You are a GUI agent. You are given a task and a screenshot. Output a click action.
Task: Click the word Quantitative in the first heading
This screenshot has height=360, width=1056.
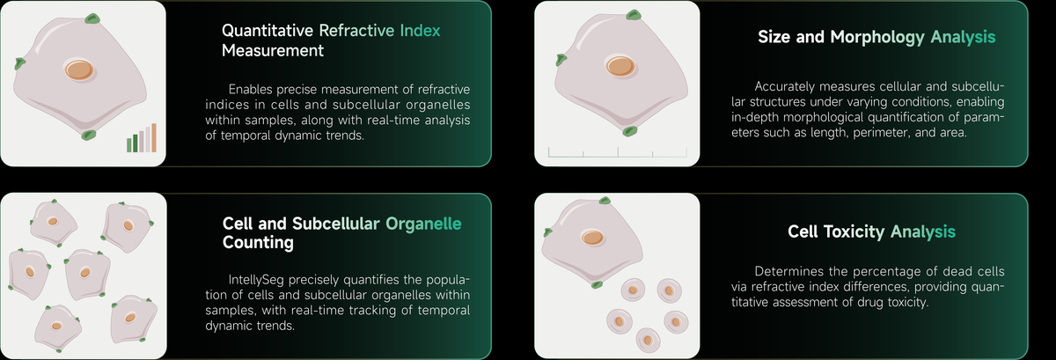click(x=268, y=31)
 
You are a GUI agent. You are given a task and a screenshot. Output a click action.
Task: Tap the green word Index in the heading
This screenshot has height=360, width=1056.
click(x=420, y=31)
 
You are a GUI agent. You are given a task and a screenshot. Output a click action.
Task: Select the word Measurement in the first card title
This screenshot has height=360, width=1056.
click(x=273, y=50)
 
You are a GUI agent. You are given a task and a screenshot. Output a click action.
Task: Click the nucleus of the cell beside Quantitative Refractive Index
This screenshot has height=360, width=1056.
click(x=79, y=70)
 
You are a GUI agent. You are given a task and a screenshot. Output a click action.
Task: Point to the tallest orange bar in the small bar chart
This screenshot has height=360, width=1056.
click(x=154, y=138)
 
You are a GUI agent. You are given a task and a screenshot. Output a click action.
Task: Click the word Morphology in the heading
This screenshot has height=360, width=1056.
click(x=877, y=37)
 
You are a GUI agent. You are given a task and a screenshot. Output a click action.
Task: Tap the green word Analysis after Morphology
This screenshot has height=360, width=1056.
click(x=963, y=37)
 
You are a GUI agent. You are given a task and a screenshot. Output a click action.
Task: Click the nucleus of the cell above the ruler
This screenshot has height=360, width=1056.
click(x=620, y=66)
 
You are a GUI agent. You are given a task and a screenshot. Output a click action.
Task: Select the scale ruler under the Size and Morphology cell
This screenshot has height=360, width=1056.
click(x=618, y=152)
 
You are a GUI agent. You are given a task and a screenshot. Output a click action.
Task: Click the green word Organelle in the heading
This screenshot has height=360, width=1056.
click(x=423, y=224)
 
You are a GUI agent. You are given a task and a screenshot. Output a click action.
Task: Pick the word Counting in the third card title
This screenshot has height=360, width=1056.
click(x=258, y=243)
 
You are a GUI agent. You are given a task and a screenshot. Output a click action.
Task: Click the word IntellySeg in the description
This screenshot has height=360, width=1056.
click(x=256, y=280)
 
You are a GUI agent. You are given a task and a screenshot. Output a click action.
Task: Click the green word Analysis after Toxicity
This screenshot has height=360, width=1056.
click(x=923, y=231)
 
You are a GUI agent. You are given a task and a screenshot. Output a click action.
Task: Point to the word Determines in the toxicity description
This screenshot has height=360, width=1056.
click(x=789, y=271)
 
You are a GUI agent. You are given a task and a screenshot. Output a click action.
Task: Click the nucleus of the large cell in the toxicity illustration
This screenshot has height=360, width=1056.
click(x=592, y=238)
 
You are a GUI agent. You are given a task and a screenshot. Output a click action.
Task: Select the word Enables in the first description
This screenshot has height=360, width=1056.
click(x=250, y=89)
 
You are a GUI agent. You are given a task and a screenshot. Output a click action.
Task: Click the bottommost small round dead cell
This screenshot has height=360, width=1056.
click(x=648, y=340)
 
